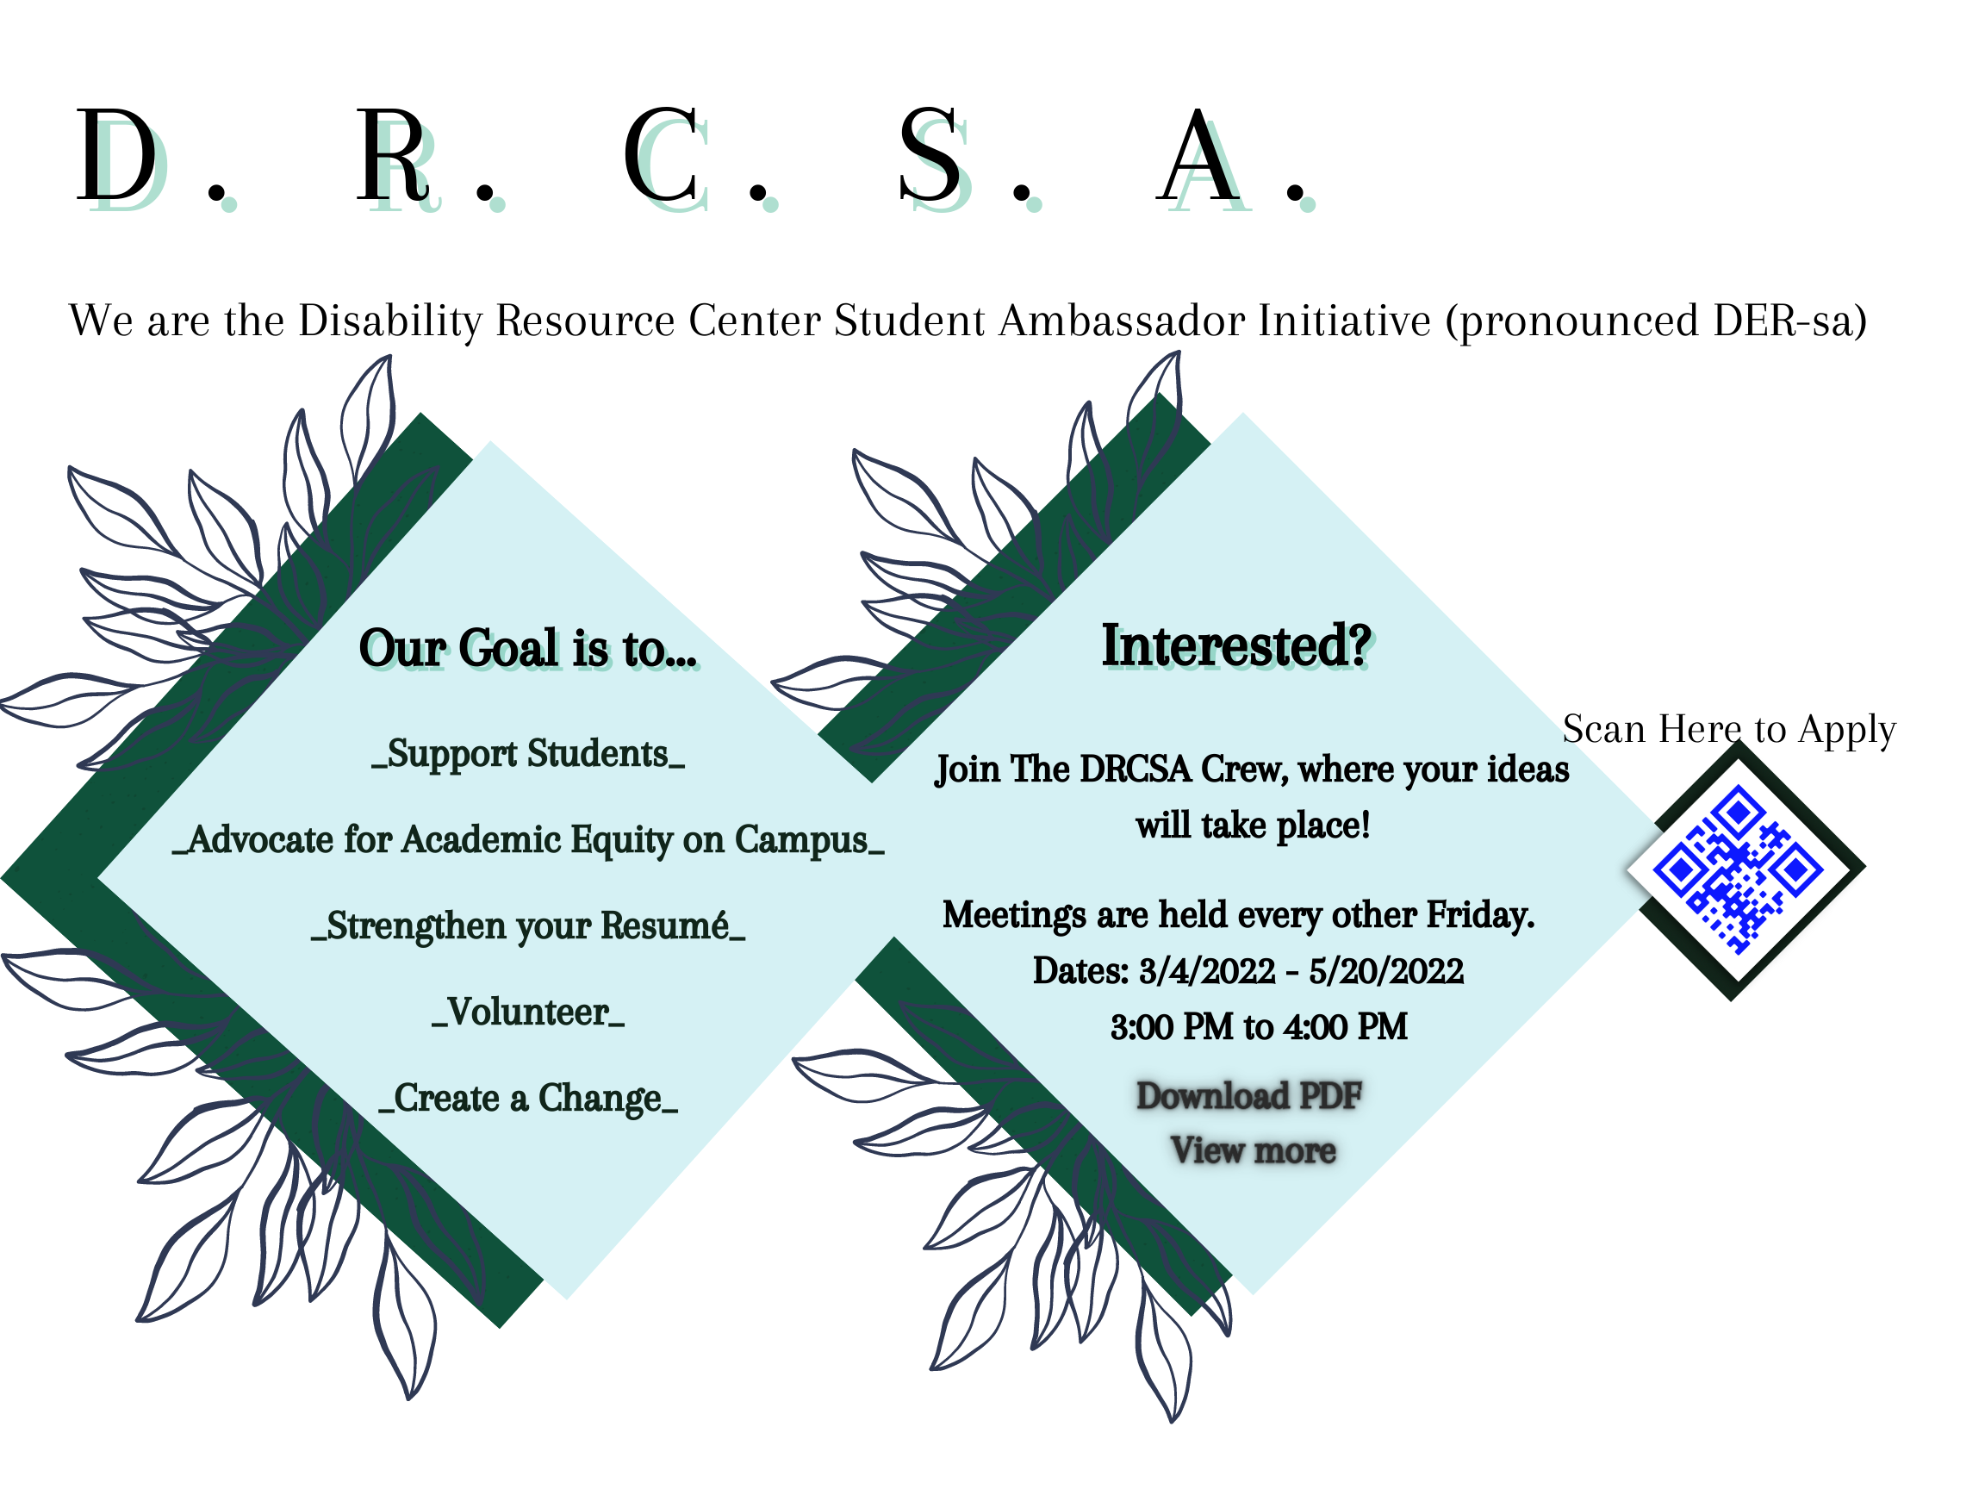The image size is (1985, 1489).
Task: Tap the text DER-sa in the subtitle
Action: point(1782,321)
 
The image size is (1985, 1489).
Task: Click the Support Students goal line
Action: point(527,754)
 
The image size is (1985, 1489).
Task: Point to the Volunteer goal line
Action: point(527,1012)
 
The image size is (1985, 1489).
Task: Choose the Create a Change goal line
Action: point(527,1099)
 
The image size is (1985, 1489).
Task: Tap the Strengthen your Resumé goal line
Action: point(527,926)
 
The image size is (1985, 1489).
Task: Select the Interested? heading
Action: point(1236,645)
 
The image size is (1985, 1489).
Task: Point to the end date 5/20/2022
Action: point(1385,971)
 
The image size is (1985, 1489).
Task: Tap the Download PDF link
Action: point(1249,1096)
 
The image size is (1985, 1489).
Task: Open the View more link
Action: point(1253,1150)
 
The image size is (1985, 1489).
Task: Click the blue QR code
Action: point(1738,869)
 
